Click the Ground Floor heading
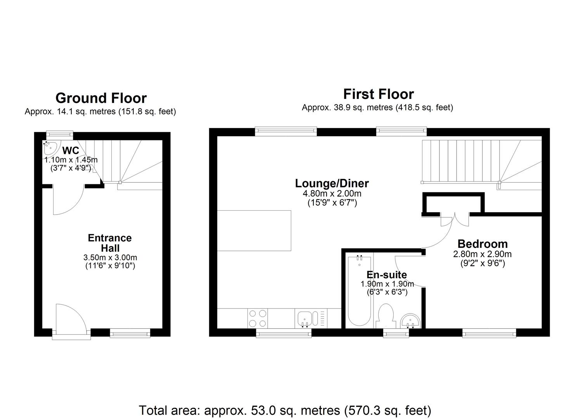tap(101, 98)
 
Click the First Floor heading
tap(378, 94)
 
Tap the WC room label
tap(71, 151)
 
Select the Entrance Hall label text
tap(110, 243)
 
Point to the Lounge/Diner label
tap(332, 183)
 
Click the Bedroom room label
tap(482, 244)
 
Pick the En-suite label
tap(387, 275)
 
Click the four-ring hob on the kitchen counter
tap(257, 318)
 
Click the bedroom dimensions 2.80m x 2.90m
tap(482, 255)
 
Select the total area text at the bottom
tap(285, 410)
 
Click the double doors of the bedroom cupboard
tap(455, 220)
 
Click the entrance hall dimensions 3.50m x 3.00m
tap(110, 258)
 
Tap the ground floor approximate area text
tap(100, 112)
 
